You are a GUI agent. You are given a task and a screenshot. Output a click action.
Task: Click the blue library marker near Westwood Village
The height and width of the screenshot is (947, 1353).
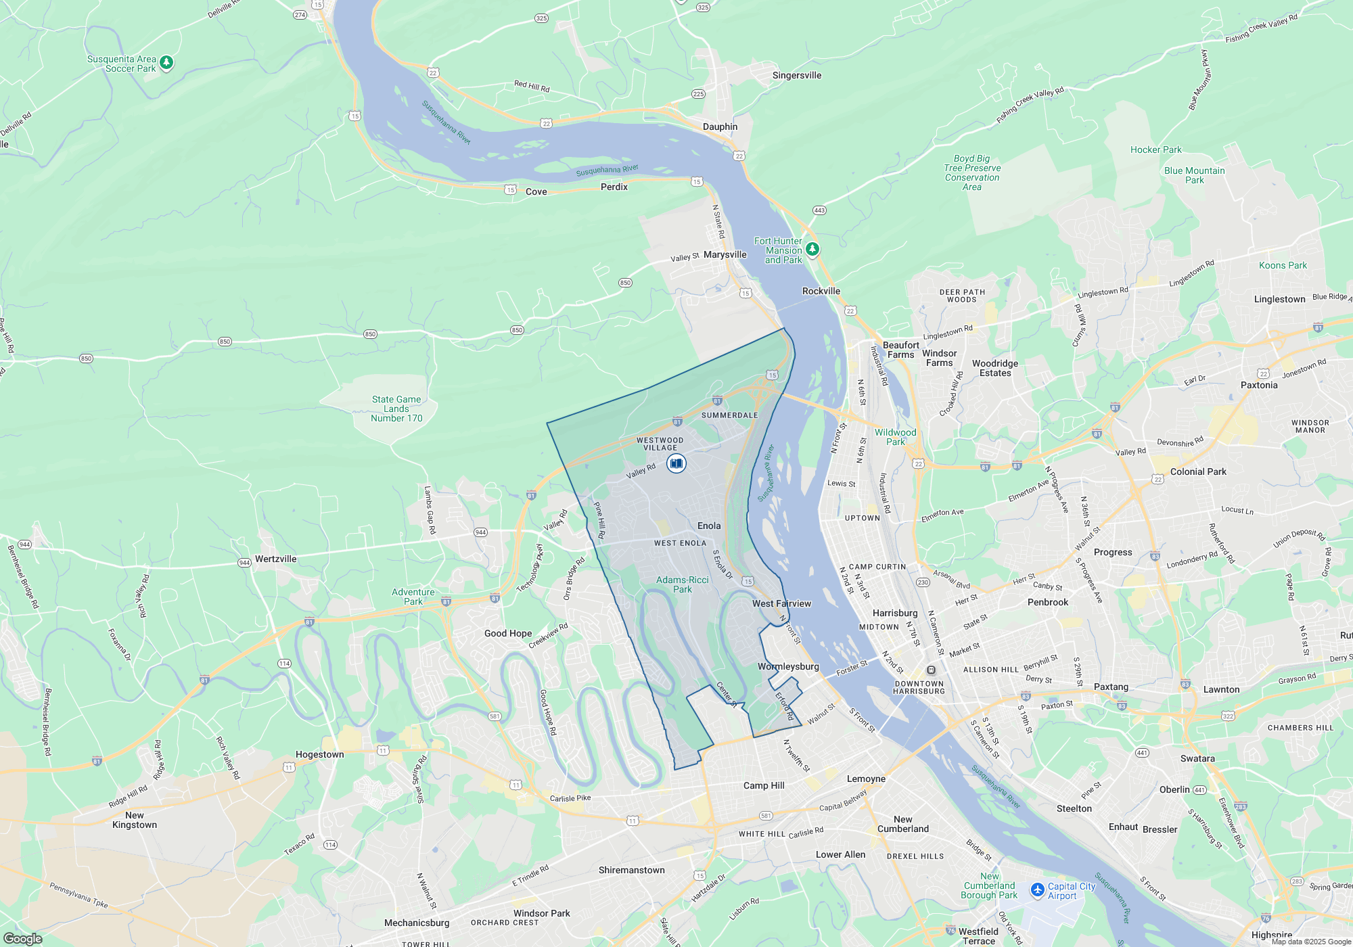point(676,463)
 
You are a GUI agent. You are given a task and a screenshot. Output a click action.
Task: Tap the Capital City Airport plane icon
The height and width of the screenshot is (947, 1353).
point(1037,890)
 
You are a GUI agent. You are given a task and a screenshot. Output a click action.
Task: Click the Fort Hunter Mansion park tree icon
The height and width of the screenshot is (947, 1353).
point(812,250)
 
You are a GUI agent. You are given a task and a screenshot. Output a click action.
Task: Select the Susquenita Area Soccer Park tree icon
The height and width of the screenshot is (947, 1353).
point(166,63)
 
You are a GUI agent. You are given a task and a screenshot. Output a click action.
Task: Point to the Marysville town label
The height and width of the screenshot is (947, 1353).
point(725,255)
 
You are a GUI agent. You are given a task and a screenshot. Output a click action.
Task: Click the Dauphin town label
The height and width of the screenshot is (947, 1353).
point(720,127)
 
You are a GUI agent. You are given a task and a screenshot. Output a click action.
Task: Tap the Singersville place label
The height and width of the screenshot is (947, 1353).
point(796,76)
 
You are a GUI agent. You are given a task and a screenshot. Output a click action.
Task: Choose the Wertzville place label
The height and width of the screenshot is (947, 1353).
point(275,559)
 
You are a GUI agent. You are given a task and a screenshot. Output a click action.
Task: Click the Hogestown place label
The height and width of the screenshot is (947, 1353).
point(319,755)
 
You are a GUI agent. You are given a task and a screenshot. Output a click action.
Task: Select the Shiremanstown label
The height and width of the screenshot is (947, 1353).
point(631,871)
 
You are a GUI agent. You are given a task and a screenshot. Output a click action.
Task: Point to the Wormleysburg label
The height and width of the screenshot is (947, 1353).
point(788,667)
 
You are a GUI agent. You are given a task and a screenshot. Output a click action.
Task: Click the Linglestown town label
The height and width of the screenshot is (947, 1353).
point(1279,300)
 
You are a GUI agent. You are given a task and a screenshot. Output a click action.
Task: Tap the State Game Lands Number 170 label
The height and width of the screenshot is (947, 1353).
point(396,409)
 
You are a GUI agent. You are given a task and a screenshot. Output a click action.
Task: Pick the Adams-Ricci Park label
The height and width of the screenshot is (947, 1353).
point(682,584)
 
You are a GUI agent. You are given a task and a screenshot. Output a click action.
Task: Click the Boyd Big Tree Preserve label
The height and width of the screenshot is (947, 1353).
point(972,173)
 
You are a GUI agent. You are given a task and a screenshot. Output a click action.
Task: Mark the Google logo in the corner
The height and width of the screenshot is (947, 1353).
point(22,939)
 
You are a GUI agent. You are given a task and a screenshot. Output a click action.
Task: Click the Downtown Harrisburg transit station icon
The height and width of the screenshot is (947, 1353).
point(931,670)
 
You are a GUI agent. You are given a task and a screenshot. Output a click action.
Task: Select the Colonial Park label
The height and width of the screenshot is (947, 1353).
point(1197,472)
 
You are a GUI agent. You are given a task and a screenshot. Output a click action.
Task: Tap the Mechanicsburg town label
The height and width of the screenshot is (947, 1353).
point(416,923)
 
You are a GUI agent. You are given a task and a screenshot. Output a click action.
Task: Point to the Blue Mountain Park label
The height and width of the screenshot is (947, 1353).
point(1194,175)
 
